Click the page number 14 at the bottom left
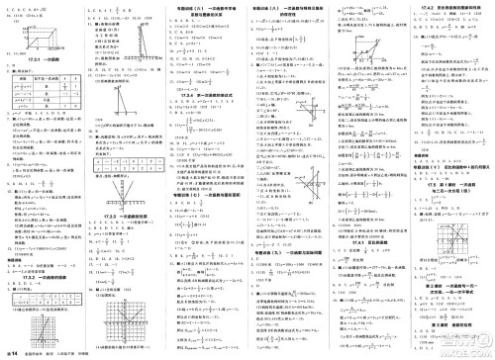(x=13, y=351)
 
